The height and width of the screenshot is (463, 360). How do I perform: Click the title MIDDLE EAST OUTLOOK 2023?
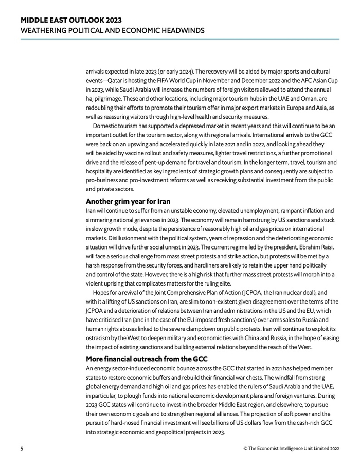point(71,20)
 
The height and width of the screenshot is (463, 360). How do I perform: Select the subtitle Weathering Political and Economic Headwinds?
point(112,30)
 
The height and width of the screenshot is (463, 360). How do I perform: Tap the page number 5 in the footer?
point(22,449)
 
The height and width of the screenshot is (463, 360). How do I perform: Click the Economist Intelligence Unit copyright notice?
point(291,449)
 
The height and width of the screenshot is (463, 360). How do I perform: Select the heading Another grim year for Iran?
point(128,201)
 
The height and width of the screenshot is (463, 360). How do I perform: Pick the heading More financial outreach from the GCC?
point(147,359)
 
